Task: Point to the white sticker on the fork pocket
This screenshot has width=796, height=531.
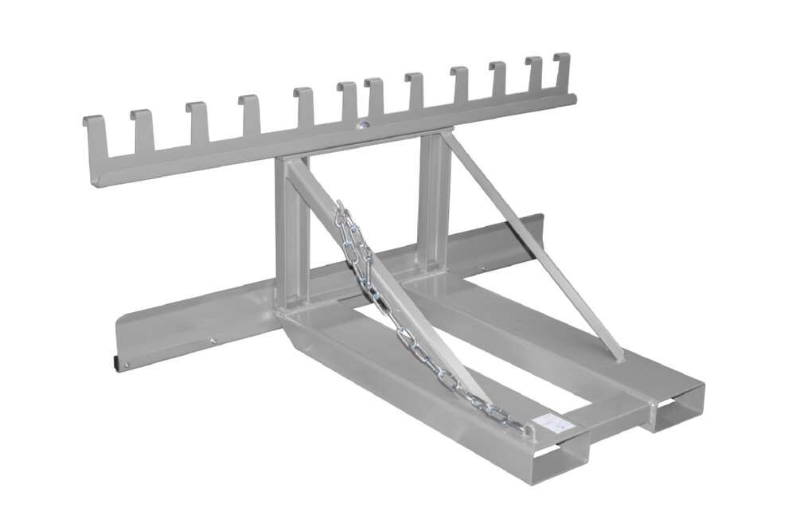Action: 548,425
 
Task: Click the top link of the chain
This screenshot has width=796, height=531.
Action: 341,209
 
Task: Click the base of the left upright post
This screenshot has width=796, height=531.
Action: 291,306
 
